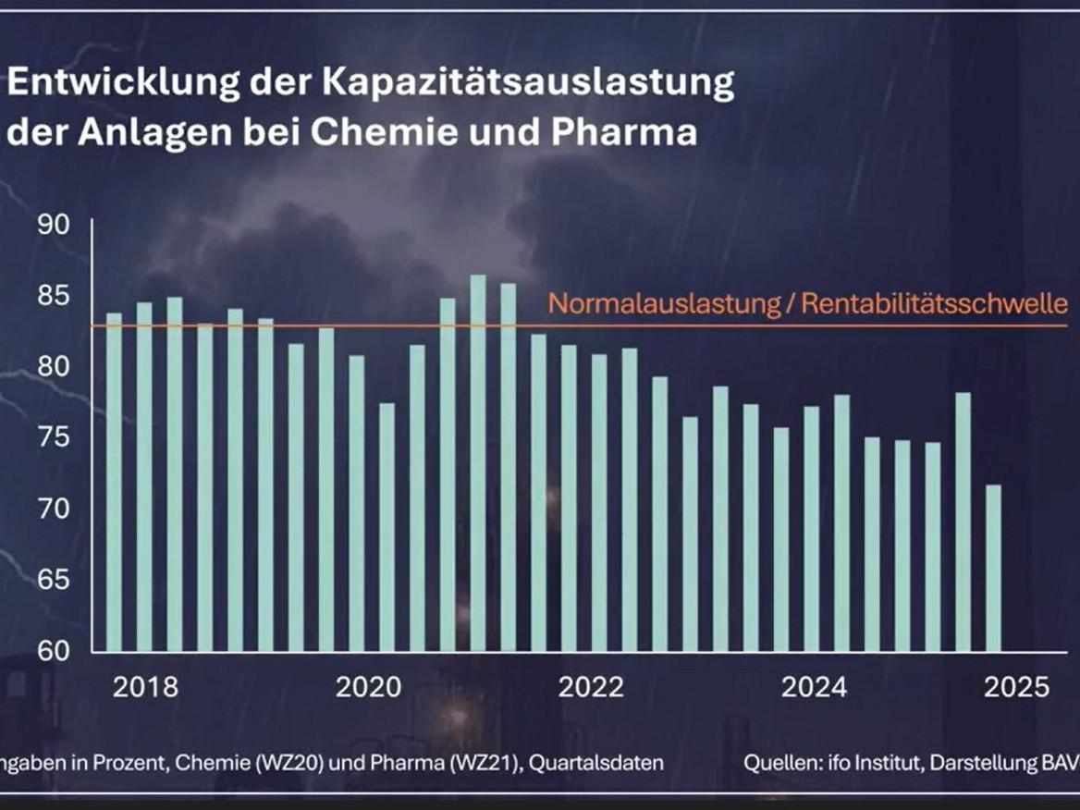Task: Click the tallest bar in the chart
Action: point(477,462)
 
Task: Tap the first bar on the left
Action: point(114,481)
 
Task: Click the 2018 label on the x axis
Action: point(146,688)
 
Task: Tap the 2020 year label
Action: point(368,688)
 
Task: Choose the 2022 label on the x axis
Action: point(592,688)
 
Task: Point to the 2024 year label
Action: point(814,688)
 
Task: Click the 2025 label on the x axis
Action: point(1017,688)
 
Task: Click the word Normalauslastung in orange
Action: point(665,304)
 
